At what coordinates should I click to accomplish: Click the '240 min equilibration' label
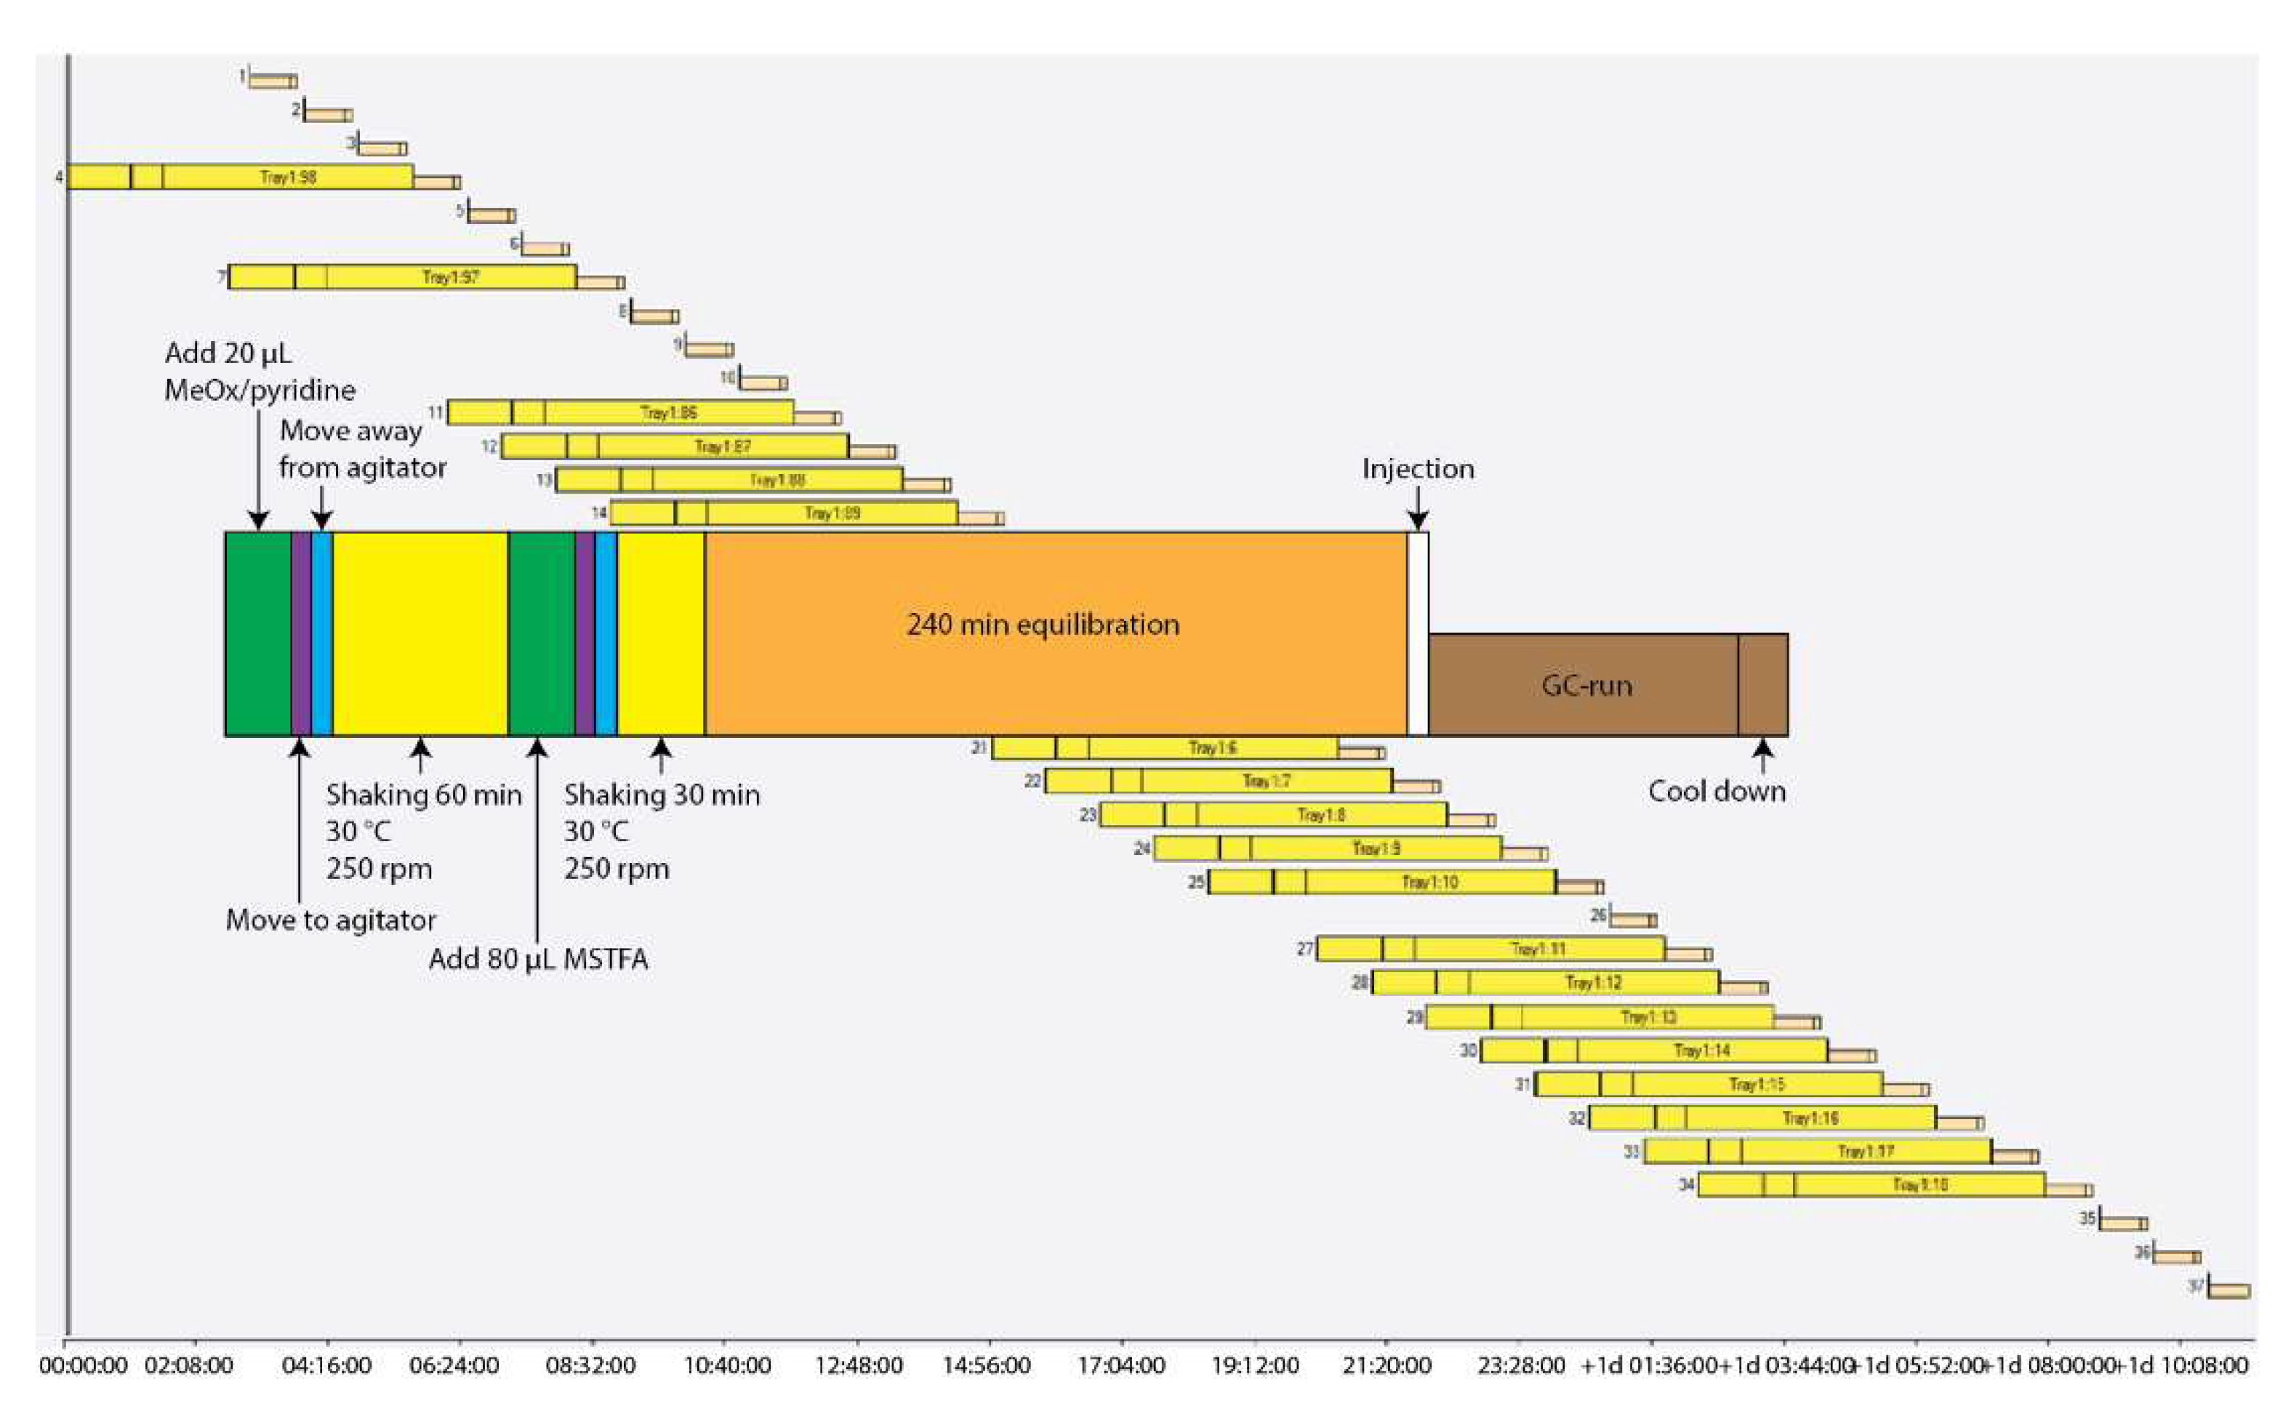click(x=1043, y=624)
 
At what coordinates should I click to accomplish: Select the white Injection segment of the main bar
click(x=1417, y=633)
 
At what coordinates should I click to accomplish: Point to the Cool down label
click(x=1716, y=791)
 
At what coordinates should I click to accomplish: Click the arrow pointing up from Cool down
click(x=1762, y=755)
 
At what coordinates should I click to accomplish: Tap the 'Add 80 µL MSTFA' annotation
click(x=538, y=960)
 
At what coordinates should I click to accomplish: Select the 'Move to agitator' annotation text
click(x=331, y=920)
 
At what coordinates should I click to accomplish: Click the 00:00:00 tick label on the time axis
click(x=83, y=1365)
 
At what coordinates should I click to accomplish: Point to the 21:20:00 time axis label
click(x=1385, y=1365)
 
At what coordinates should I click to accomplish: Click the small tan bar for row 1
click(x=273, y=82)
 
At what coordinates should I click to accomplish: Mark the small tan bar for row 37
click(x=2228, y=1290)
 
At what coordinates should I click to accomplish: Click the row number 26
click(x=1598, y=915)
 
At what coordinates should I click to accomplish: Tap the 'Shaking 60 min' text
click(x=423, y=795)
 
